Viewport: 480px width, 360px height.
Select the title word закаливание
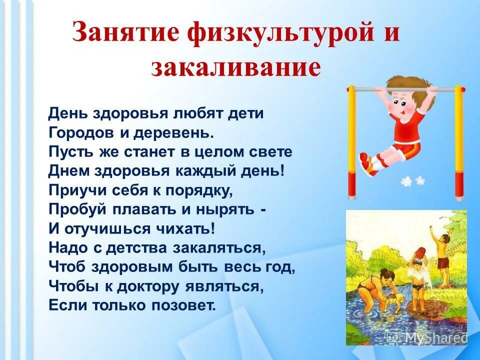[235, 67]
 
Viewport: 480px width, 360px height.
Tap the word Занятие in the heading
[128, 34]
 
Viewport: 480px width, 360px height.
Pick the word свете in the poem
[269, 151]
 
